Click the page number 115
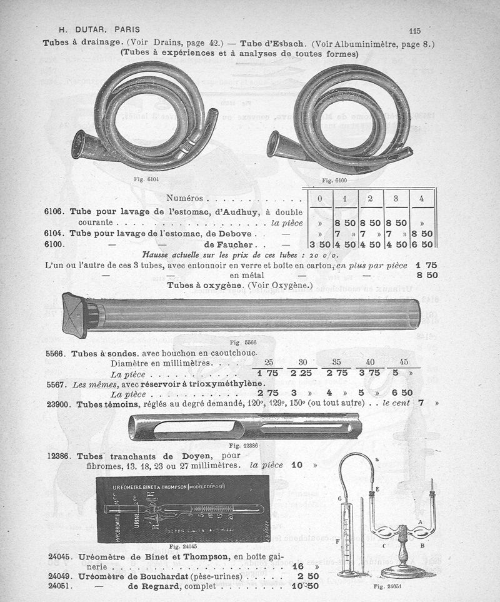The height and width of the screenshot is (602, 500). coord(415,30)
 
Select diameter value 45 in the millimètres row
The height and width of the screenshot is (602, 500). coord(403,362)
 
